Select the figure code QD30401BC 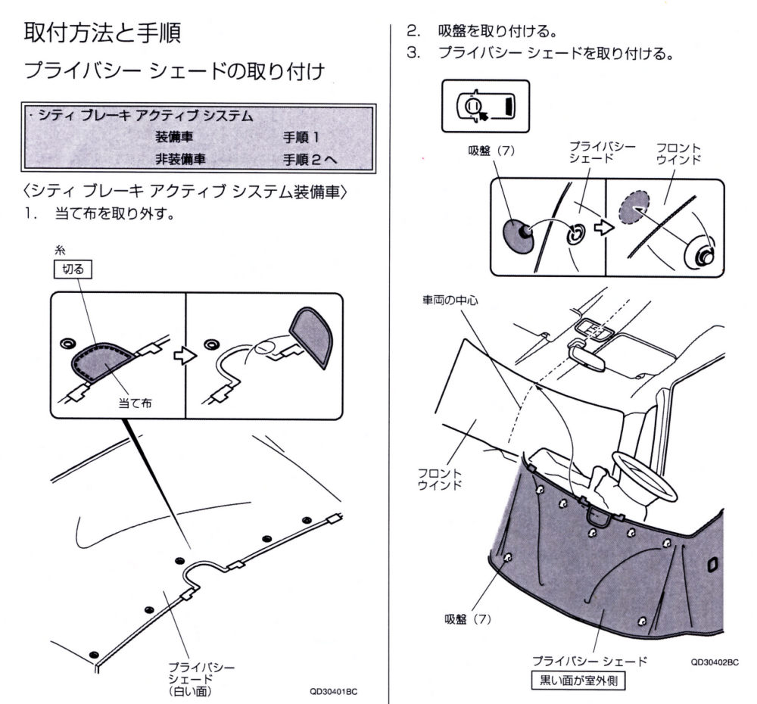[x=333, y=692]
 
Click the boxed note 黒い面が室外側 [x=579, y=681]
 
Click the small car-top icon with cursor [x=485, y=106]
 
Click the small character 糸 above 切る [x=60, y=249]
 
